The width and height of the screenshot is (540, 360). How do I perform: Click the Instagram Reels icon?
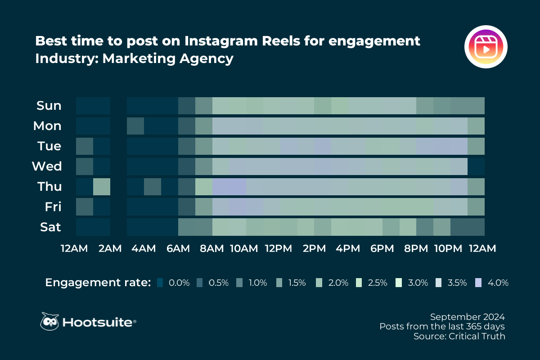point(486,47)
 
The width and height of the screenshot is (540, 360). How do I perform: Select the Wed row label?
point(47,166)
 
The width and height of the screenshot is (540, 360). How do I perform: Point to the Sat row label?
point(49,227)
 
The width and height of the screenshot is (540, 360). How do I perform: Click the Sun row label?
point(49,106)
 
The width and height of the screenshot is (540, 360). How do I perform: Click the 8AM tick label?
point(211,248)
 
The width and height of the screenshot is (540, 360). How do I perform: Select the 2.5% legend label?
point(378,283)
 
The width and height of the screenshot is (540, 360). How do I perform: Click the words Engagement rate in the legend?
point(98,283)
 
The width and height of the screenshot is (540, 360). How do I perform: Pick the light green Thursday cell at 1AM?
point(102,186)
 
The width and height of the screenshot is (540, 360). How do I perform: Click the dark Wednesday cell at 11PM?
point(476,166)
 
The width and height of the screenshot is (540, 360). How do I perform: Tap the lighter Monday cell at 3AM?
point(135,126)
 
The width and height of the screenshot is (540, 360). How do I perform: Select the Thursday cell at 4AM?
point(153,186)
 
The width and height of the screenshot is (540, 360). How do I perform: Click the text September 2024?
point(467,316)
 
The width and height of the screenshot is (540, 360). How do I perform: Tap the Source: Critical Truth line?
point(459,336)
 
